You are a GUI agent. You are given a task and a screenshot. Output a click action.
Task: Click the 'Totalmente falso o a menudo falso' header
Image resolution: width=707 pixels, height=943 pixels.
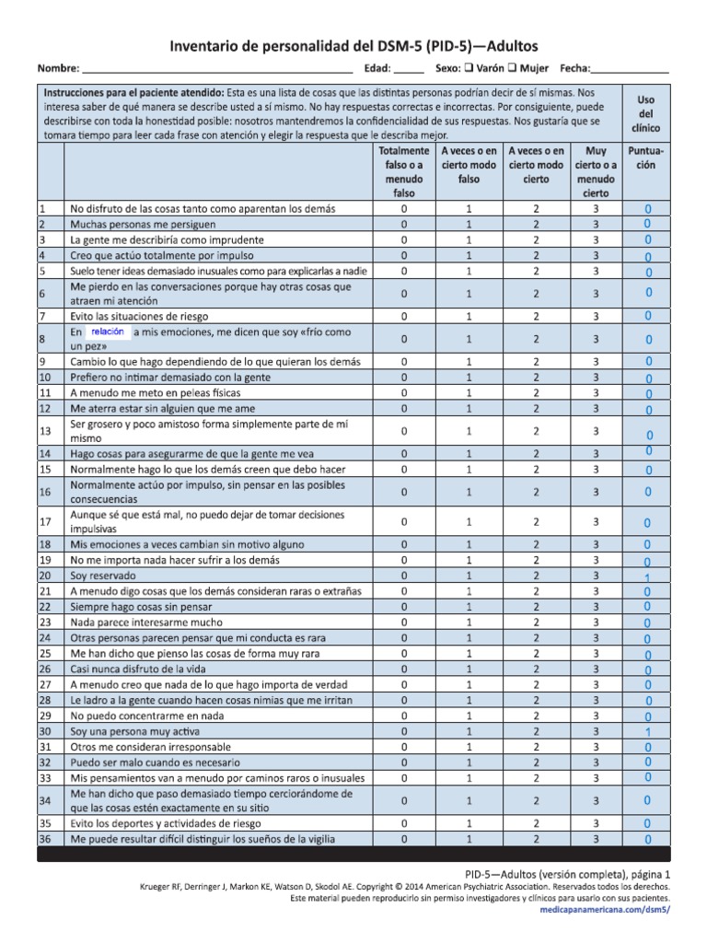[403, 171]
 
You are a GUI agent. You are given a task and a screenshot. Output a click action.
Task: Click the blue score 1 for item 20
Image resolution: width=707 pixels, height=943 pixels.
[648, 577]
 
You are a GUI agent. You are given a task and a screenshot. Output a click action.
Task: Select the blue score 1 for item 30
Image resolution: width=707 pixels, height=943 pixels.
[648, 732]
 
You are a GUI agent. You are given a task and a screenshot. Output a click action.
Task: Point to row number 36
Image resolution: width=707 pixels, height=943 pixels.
[43, 839]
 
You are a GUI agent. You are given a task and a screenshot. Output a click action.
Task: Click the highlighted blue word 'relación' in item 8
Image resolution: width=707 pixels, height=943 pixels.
[109, 332]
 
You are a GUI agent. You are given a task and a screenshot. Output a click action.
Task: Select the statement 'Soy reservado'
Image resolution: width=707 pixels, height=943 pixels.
[100, 576]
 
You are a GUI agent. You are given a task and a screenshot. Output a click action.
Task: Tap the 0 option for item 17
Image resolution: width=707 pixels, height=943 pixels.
[403, 522]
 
